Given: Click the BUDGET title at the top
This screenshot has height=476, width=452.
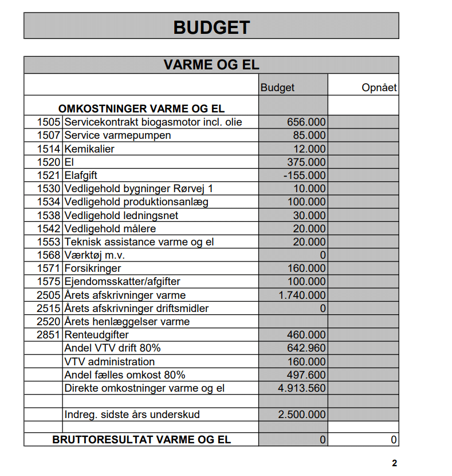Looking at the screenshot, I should (211, 27).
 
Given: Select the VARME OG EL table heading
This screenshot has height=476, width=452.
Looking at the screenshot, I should (211, 65).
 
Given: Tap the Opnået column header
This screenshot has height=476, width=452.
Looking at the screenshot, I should (379, 88).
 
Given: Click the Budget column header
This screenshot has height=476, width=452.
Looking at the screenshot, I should (277, 88).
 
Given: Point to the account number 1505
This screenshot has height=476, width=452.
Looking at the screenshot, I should (49, 122).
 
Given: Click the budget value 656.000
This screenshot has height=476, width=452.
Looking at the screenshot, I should (306, 122).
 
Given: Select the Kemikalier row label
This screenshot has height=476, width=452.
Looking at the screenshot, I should (89, 149).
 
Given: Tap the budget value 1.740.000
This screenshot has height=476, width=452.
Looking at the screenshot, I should (302, 295).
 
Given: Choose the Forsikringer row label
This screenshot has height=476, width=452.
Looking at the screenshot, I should (93, 268).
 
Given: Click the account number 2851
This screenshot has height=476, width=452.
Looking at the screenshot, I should (49, 335).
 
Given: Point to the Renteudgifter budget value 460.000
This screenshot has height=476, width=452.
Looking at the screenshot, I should (306, 335).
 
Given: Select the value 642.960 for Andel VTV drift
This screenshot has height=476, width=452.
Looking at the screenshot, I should (306, 348).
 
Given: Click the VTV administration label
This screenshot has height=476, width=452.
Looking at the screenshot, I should (109, 362).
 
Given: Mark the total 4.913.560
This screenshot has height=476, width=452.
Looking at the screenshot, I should (302, 388).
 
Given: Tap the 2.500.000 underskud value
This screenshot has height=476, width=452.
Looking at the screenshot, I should (302, 414).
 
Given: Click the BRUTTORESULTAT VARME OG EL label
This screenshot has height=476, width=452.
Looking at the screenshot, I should (142, 440).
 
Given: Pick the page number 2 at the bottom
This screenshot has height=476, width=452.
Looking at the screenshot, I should (394, 463).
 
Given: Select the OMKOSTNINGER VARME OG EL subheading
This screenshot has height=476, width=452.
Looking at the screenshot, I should (142, 108).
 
